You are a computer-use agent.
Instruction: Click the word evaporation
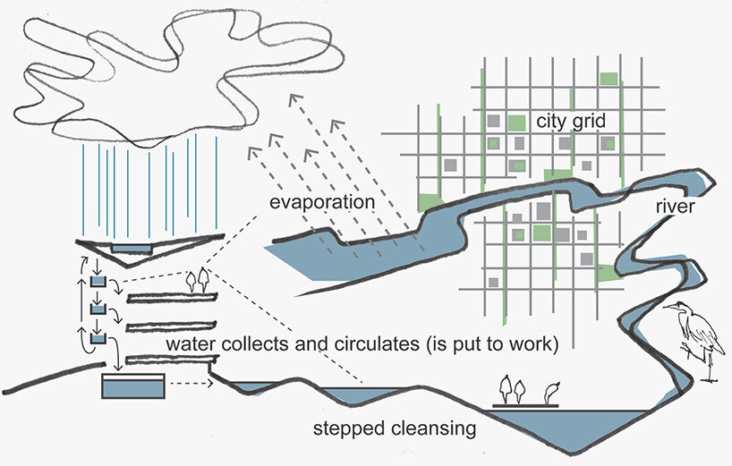(x=321, y=202)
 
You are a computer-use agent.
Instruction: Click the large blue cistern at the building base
(x=133, y=387)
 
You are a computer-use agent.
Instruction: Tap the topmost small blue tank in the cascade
(x=98, y=284)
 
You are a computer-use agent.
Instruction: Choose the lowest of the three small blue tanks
(x=98, y=338)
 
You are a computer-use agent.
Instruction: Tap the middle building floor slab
(x=170, y=326)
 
